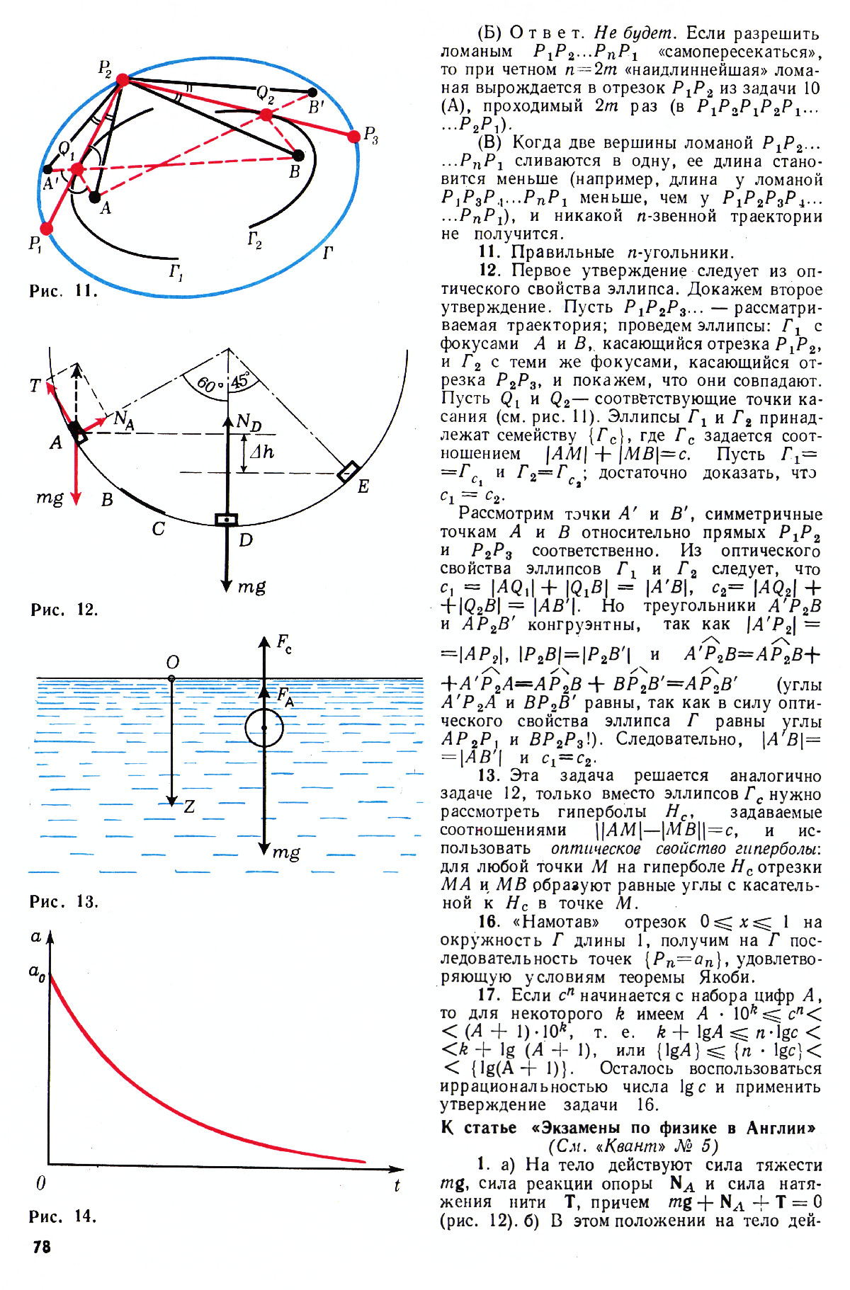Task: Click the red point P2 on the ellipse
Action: click(123, 79)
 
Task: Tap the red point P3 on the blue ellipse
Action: click(353, 137)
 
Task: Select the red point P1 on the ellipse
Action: click(47, 228)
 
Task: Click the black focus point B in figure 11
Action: click(298, 155)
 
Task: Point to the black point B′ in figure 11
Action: click(312, 92)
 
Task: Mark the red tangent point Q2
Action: click(266, 115)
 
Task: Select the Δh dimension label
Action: click(261, 451)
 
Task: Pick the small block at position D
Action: click(227, 520)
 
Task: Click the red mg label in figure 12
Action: click(49, 498)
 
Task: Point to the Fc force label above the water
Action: click(284, 644)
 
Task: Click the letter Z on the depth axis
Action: click(189, 806)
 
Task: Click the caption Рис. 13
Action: click(64, 902)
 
